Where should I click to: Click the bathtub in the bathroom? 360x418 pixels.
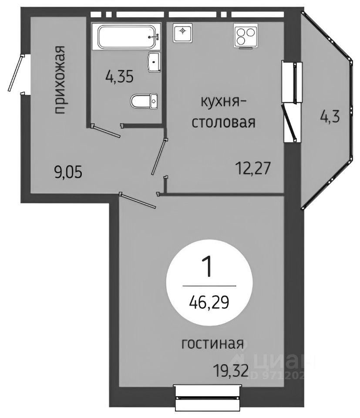tap(127, 37)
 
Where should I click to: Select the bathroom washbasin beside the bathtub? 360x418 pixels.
tap(154, 62)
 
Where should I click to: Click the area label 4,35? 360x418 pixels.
tap(118, 78)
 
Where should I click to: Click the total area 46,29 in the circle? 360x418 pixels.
tap(209, 300)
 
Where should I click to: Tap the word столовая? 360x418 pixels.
tap(223, 123)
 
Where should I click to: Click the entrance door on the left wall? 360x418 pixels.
tap(16, 74)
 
